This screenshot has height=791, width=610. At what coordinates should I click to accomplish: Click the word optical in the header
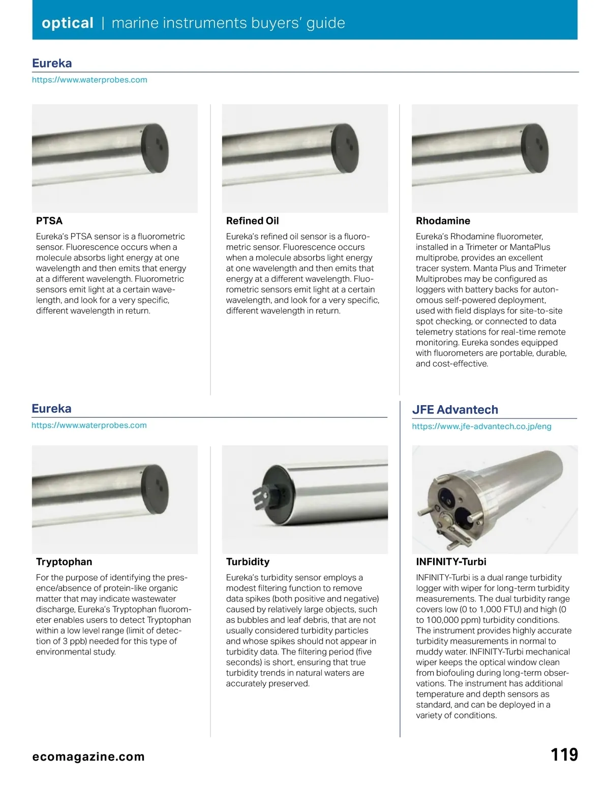(x=67, y=23)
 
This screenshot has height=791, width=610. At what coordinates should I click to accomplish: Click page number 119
(x=564, y=755)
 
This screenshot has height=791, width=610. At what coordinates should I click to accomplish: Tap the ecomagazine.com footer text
(x=88, y=756)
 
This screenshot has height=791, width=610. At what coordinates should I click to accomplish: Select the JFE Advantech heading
(x=455, y=410)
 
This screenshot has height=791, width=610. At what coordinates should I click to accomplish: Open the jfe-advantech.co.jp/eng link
(x=481, y=426)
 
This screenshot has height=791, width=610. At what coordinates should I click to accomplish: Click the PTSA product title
(x=49, y=221)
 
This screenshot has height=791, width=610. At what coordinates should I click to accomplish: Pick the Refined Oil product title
(x=252, y=221)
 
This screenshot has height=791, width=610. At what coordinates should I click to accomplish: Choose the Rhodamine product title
(x=443, y=221)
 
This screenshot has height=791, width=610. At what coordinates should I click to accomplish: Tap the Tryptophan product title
(x=64, y=562)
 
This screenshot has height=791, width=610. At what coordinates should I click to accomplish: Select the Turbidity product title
(x=248, y=562)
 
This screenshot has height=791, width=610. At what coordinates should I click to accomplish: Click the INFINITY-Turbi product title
(x=451, y=562)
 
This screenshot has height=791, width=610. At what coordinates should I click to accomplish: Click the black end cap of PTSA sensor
(x=155, y=148)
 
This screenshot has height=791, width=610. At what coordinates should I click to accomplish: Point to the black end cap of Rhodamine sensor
(x=535, y=148)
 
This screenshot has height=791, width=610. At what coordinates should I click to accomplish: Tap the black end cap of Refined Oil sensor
(x=345, y=148)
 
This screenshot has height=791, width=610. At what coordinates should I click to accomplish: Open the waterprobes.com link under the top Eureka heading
(x=89, y=80)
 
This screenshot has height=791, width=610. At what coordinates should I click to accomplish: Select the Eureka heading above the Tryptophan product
(x=51, y=409)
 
